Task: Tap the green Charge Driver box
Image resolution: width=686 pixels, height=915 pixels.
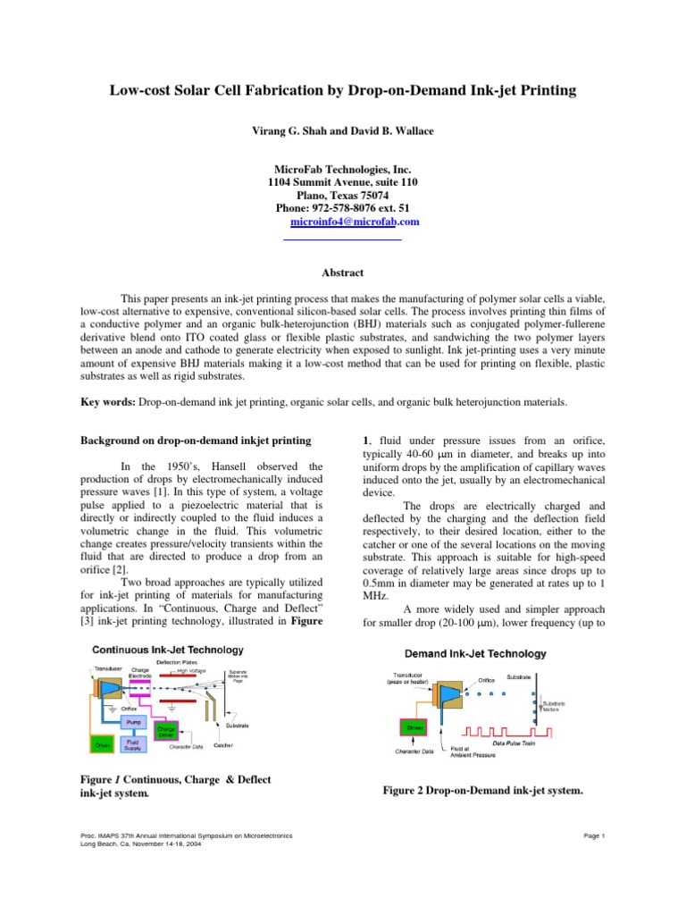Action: pyautogui.click(x=166, y=731)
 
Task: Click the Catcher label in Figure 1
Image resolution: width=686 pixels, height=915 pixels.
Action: pyautogui.click(x=224, y=746)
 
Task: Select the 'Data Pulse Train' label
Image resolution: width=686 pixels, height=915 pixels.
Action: pyautogui.click(x=514, y=743)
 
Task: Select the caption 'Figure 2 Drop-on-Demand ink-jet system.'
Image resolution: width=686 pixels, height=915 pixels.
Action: pyautogui.click(x=482, y=790)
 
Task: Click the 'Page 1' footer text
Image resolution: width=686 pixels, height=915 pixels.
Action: pyautogui.click(x=594, y=835)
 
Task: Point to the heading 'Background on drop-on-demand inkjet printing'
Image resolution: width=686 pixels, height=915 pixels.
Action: pyautogui.click(x=196, y=441)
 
